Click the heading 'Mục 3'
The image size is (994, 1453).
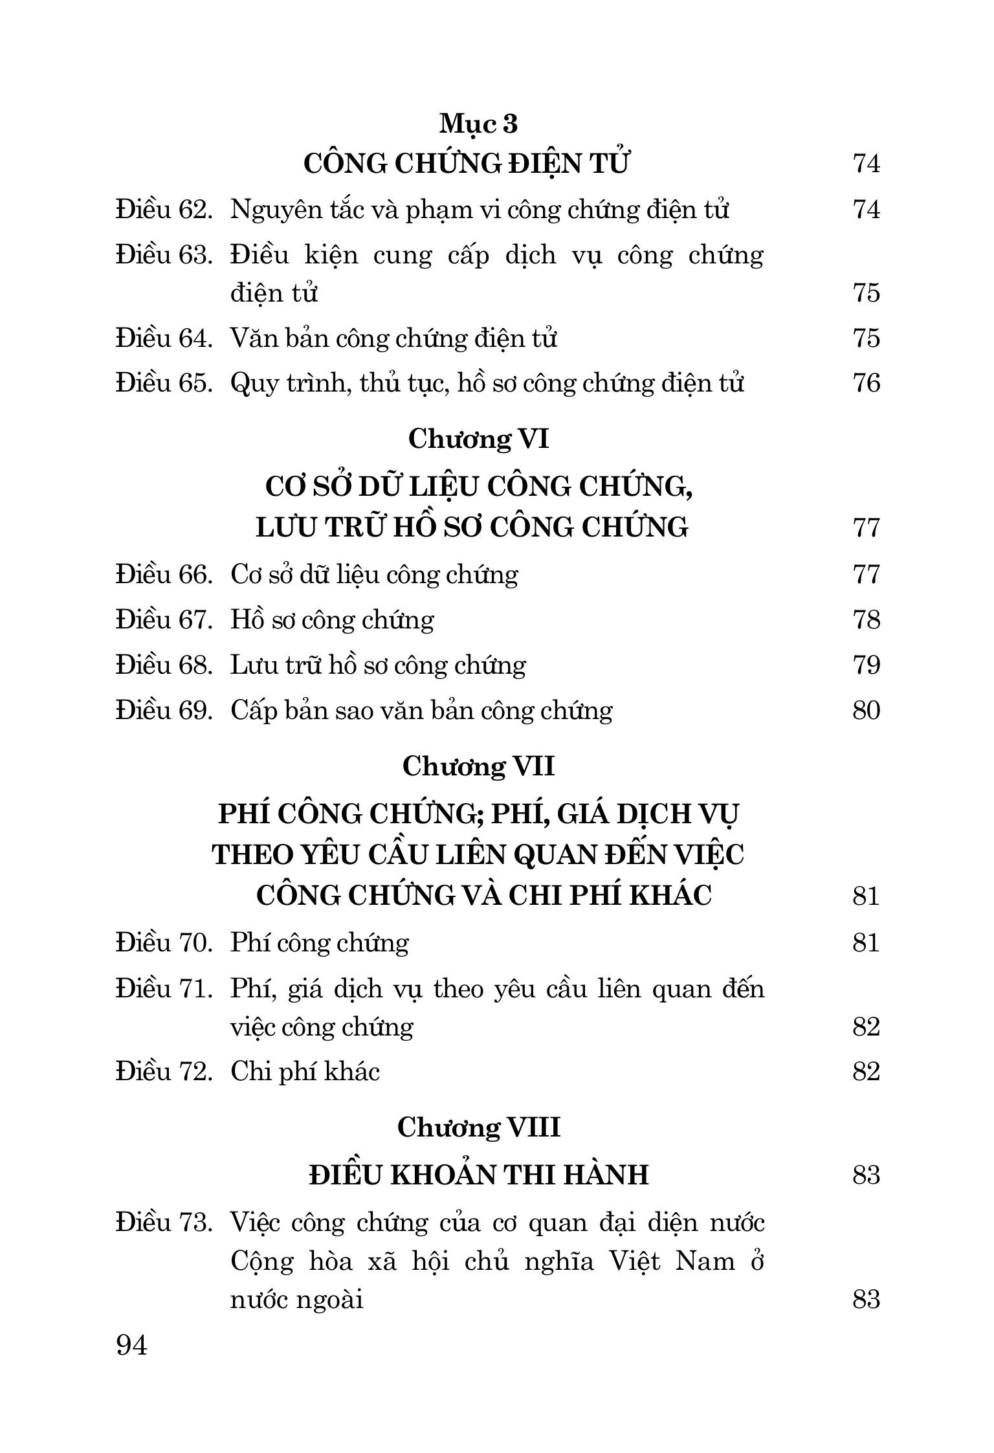(478, 124)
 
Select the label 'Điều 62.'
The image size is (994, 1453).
(164, 210)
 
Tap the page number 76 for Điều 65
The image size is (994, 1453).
(866, 383)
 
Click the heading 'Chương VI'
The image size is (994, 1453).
(478, 439)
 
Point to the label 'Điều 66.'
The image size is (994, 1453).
(164, 575)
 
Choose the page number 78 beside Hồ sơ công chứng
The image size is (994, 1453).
(866, 620)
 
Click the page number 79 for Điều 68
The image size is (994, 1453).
(866, 665)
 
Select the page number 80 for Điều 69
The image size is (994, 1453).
(866, 711)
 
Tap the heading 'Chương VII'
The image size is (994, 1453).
(478, 767)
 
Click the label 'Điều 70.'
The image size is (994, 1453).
(164, 943)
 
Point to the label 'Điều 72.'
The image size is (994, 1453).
(164, 1072)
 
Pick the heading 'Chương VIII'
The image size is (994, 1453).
(478, 1127)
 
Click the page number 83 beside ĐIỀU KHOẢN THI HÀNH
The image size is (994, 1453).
(866, 1174)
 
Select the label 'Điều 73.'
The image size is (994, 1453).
(164, 1223)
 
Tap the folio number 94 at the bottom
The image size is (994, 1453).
(132, 1346)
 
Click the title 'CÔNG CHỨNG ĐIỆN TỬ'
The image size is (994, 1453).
(466, 164)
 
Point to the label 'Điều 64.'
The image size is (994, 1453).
(164, 338)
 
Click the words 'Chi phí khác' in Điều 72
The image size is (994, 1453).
(305, 1072)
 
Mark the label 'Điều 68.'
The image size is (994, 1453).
(164, 665)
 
